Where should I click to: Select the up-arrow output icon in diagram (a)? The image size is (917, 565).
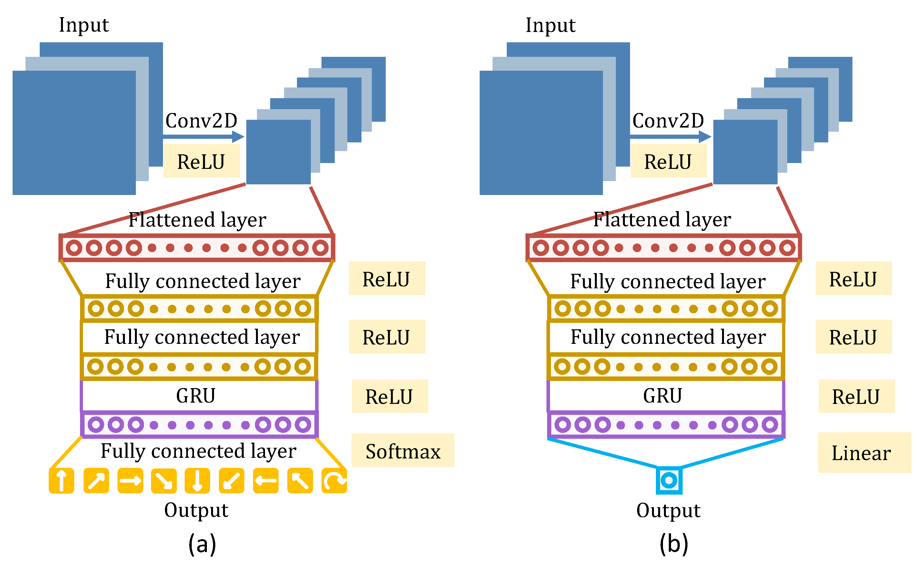(62, 480)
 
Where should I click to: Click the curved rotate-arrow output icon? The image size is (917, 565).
(334, 480)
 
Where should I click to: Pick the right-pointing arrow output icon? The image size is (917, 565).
(130, 480)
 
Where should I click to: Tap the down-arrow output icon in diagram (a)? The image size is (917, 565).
(197, 480)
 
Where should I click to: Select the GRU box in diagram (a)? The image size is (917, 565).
(199, 396)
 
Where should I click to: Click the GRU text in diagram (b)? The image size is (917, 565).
(662, 396)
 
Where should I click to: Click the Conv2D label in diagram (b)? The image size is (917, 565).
(668, 121)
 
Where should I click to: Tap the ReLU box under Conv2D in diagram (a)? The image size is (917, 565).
(201, 161)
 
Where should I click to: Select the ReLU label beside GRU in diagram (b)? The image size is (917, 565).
(856, 396)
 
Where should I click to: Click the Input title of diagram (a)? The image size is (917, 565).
(84, 25)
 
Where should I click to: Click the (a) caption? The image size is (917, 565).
(202, 544)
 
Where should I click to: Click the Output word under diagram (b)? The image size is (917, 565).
(668, 510)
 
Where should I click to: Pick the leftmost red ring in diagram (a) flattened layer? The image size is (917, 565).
(74, 248)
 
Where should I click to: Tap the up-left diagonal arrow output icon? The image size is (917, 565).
(300, 480)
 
